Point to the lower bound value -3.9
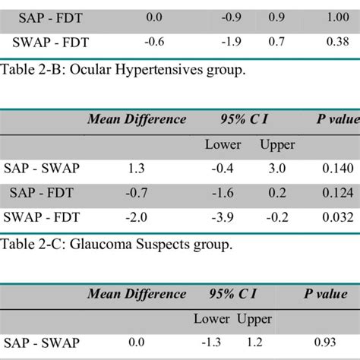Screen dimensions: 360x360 pos(226,217)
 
